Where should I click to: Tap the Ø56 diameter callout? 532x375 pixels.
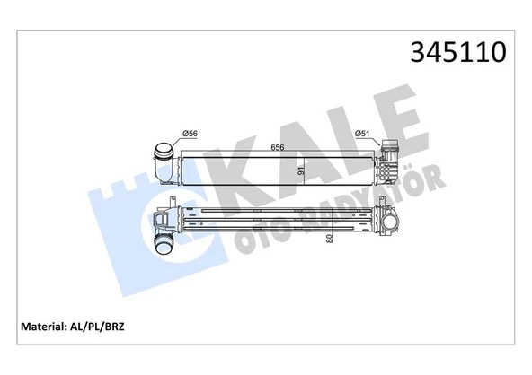tap(190, 134)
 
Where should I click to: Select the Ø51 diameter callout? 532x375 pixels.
tap(363, 134)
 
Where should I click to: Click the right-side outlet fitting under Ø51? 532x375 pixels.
tap(390, 160)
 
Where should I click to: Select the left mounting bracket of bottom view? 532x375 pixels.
tap(163, 217)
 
